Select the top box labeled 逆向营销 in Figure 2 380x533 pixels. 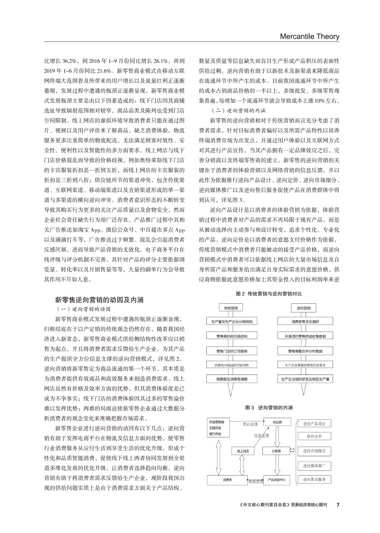click(303, 308)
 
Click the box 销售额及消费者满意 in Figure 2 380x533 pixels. click(232, 379)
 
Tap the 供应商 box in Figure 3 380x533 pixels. click(277, 422)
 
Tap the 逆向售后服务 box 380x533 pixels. click(314, 479)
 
